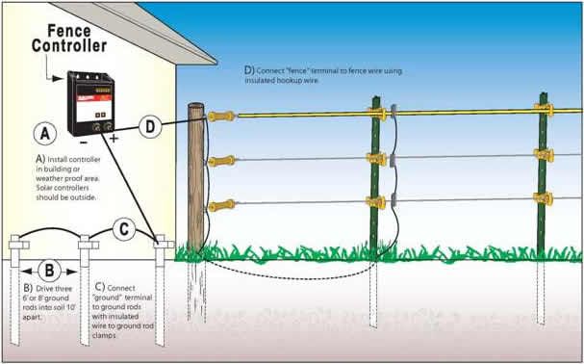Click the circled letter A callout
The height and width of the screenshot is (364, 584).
[44, 134]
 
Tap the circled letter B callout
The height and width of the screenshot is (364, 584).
[49, 271]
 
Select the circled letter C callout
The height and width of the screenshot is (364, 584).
[124, 229]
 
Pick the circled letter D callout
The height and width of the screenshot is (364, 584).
[150, 127]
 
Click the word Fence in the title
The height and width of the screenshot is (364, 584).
[69, 31]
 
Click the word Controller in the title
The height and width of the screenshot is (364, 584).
[69, 46]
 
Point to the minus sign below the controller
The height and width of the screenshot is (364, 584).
[84, 143]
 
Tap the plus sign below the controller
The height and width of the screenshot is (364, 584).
[114, 139]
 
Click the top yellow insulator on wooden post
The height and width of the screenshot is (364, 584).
[221, 117]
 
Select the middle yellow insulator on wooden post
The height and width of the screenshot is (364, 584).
[221, 161]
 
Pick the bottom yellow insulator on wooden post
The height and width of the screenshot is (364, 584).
[221, 205]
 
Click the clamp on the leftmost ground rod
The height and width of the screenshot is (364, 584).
[19, 245]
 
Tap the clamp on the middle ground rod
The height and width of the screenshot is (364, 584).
[89, 245]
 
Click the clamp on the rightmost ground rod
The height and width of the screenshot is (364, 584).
[164, 245]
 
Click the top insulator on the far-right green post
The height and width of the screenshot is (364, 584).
[544, 109]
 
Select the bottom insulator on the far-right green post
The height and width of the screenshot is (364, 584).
[544, 198]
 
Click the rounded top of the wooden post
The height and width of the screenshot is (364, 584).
[196, 107]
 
